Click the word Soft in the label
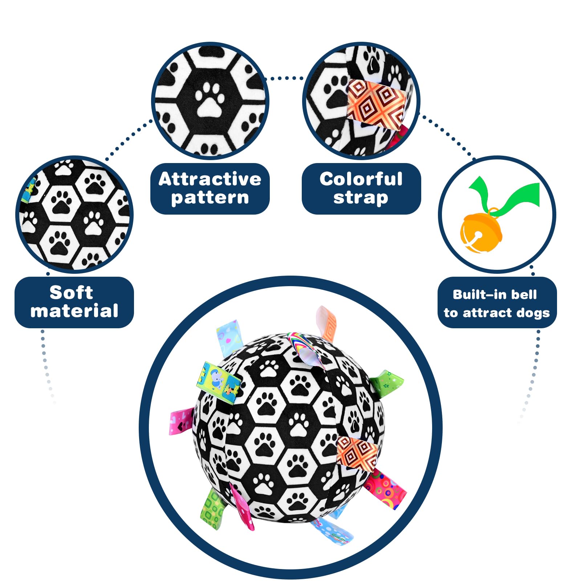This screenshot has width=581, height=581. (71, 293)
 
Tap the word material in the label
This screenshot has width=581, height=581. (74, 311)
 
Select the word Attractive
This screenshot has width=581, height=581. (210, 179)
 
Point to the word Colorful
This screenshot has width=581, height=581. (361, 179)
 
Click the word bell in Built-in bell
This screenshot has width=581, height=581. (524, 294)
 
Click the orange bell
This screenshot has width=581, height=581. (481, 232)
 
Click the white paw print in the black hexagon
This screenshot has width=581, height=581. (210, 100)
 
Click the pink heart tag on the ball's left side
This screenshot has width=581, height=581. (182, 421)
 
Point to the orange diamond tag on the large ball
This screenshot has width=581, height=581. (356, 453)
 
